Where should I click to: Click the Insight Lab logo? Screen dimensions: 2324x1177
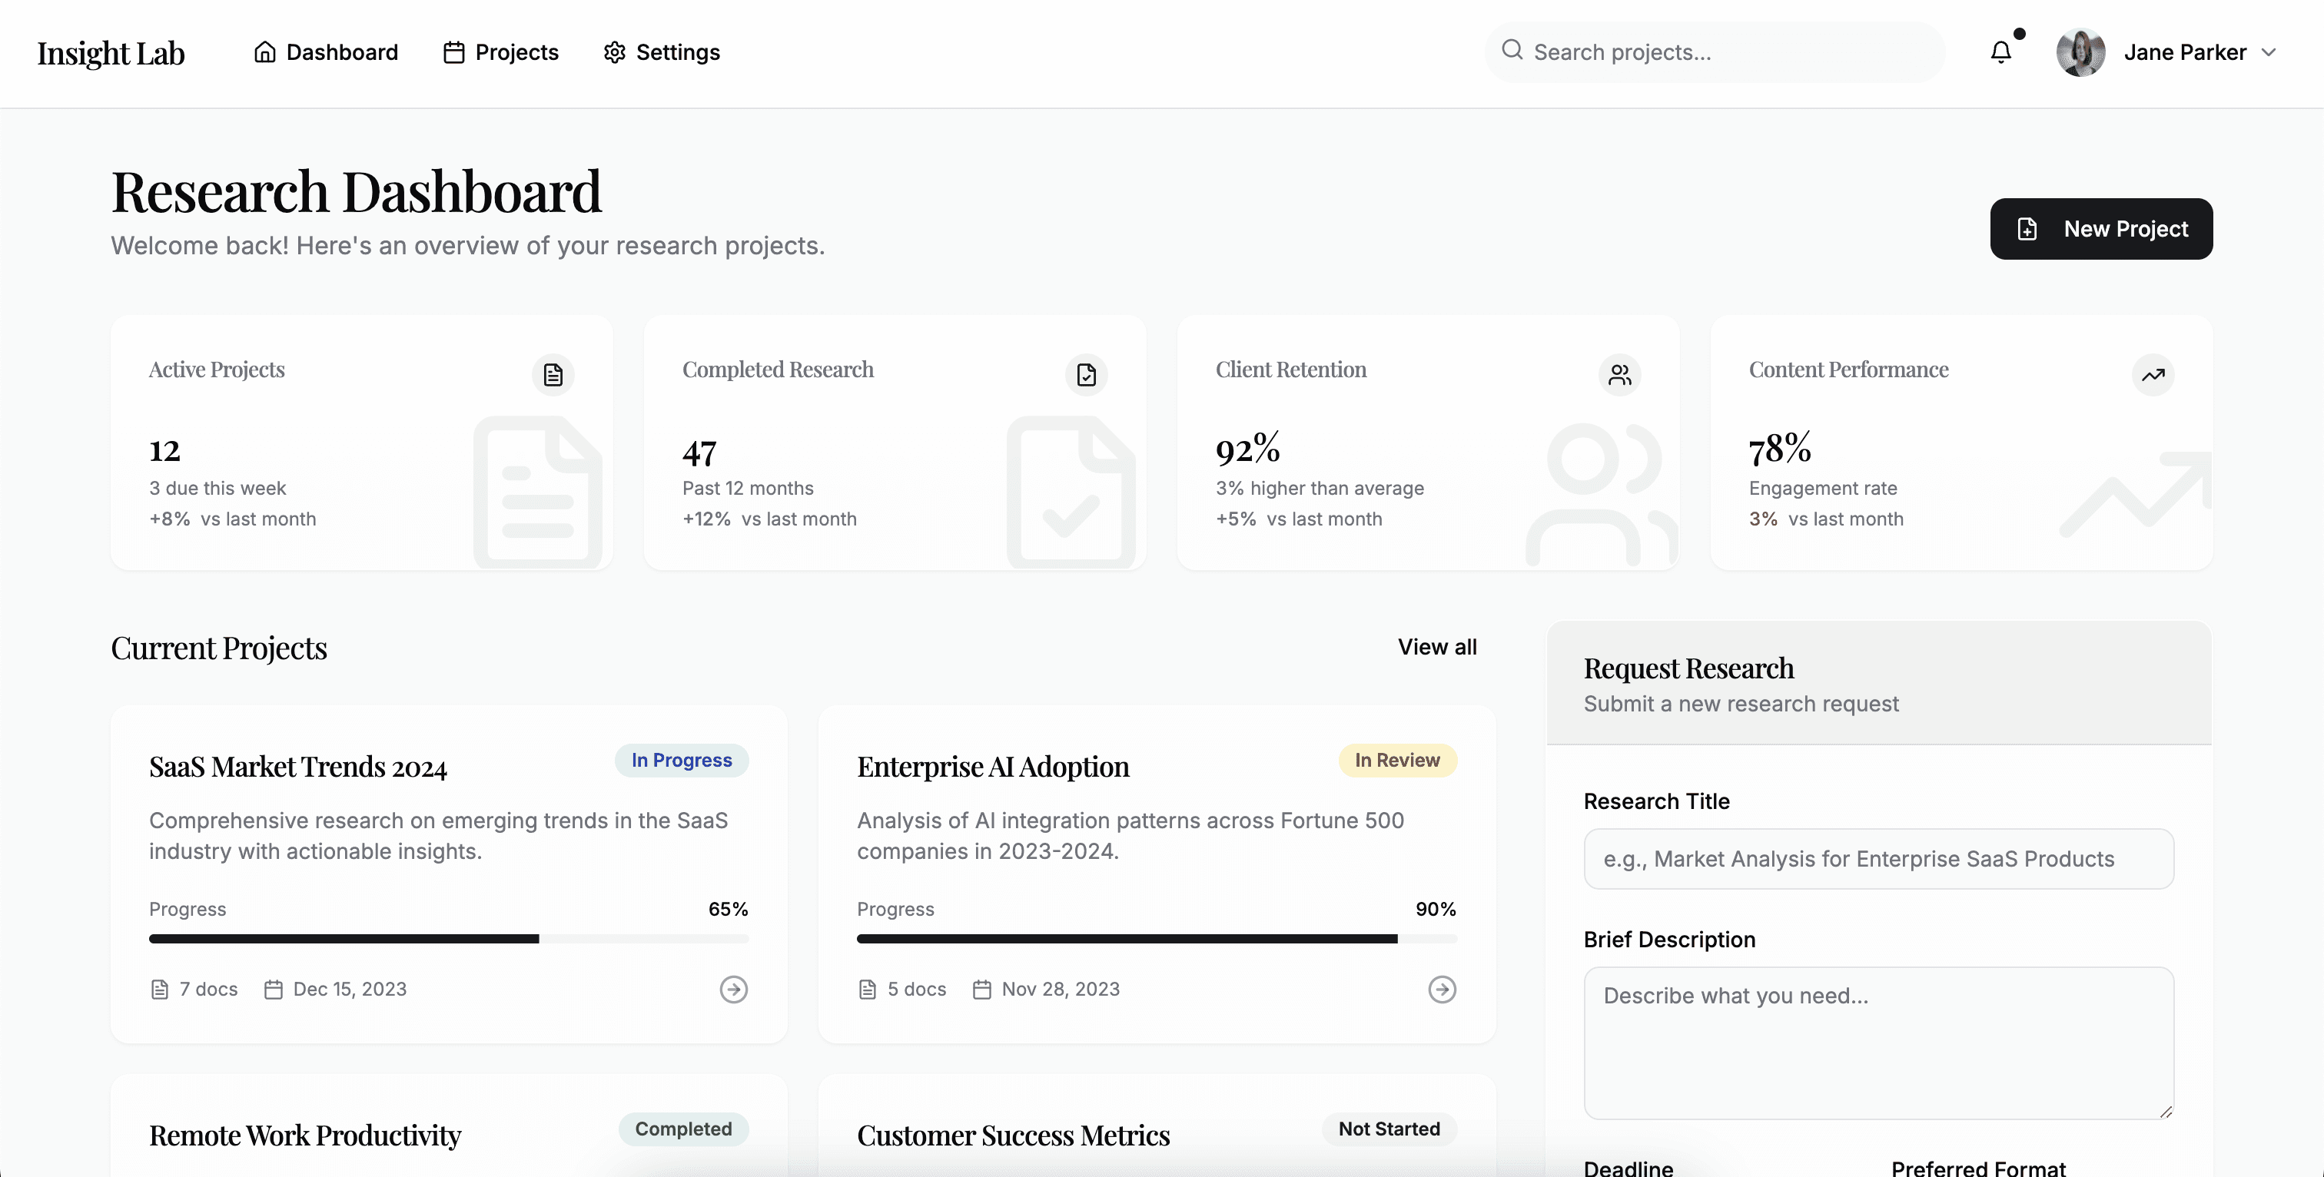[x=111, y=53]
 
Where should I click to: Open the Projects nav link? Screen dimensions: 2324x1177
[x=501, y=52]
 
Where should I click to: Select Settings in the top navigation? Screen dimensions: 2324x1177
[x=661, y=52]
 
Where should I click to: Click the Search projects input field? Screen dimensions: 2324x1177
[x=1714, y=52]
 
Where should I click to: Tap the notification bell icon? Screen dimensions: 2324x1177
[x=2001, y=52]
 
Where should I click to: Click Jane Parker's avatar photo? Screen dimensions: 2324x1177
[x=2080, y=52]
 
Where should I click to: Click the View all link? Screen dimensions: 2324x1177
[x=1437, y=647]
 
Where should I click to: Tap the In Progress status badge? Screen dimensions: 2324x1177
[x=682, y=761]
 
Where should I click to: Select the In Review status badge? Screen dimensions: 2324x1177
[x=1397, y=761]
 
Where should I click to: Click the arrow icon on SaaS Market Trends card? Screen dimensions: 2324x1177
[x=733, y=990]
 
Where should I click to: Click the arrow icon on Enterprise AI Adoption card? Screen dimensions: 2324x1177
[x=1442, y=990]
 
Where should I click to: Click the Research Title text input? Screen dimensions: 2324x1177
[x=1878, y=859]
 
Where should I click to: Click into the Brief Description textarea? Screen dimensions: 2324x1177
[x=1878, y=1043]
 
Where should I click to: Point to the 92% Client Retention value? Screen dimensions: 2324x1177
[x=1248, y=448]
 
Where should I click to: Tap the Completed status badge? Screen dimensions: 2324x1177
[x=684, y=1129]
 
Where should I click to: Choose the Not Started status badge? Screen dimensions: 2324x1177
[x=1389, y=1129]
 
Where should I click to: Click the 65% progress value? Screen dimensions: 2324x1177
[x=728, y=909]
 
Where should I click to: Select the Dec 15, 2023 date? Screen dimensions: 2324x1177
[x=350, y=990]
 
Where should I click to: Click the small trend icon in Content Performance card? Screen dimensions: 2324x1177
[x=2153, y=374]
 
